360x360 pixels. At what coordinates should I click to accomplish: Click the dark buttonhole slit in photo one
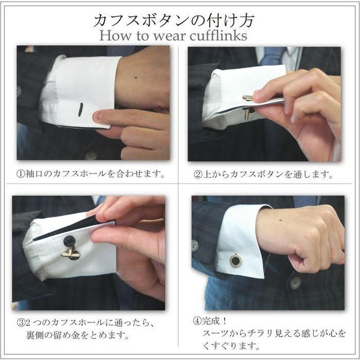point(80,110)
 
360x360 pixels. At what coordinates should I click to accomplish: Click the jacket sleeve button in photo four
point(195,245)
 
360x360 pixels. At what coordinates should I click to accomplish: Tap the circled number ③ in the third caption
point(21,324)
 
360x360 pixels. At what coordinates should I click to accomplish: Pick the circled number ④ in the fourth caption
point(197,321)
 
